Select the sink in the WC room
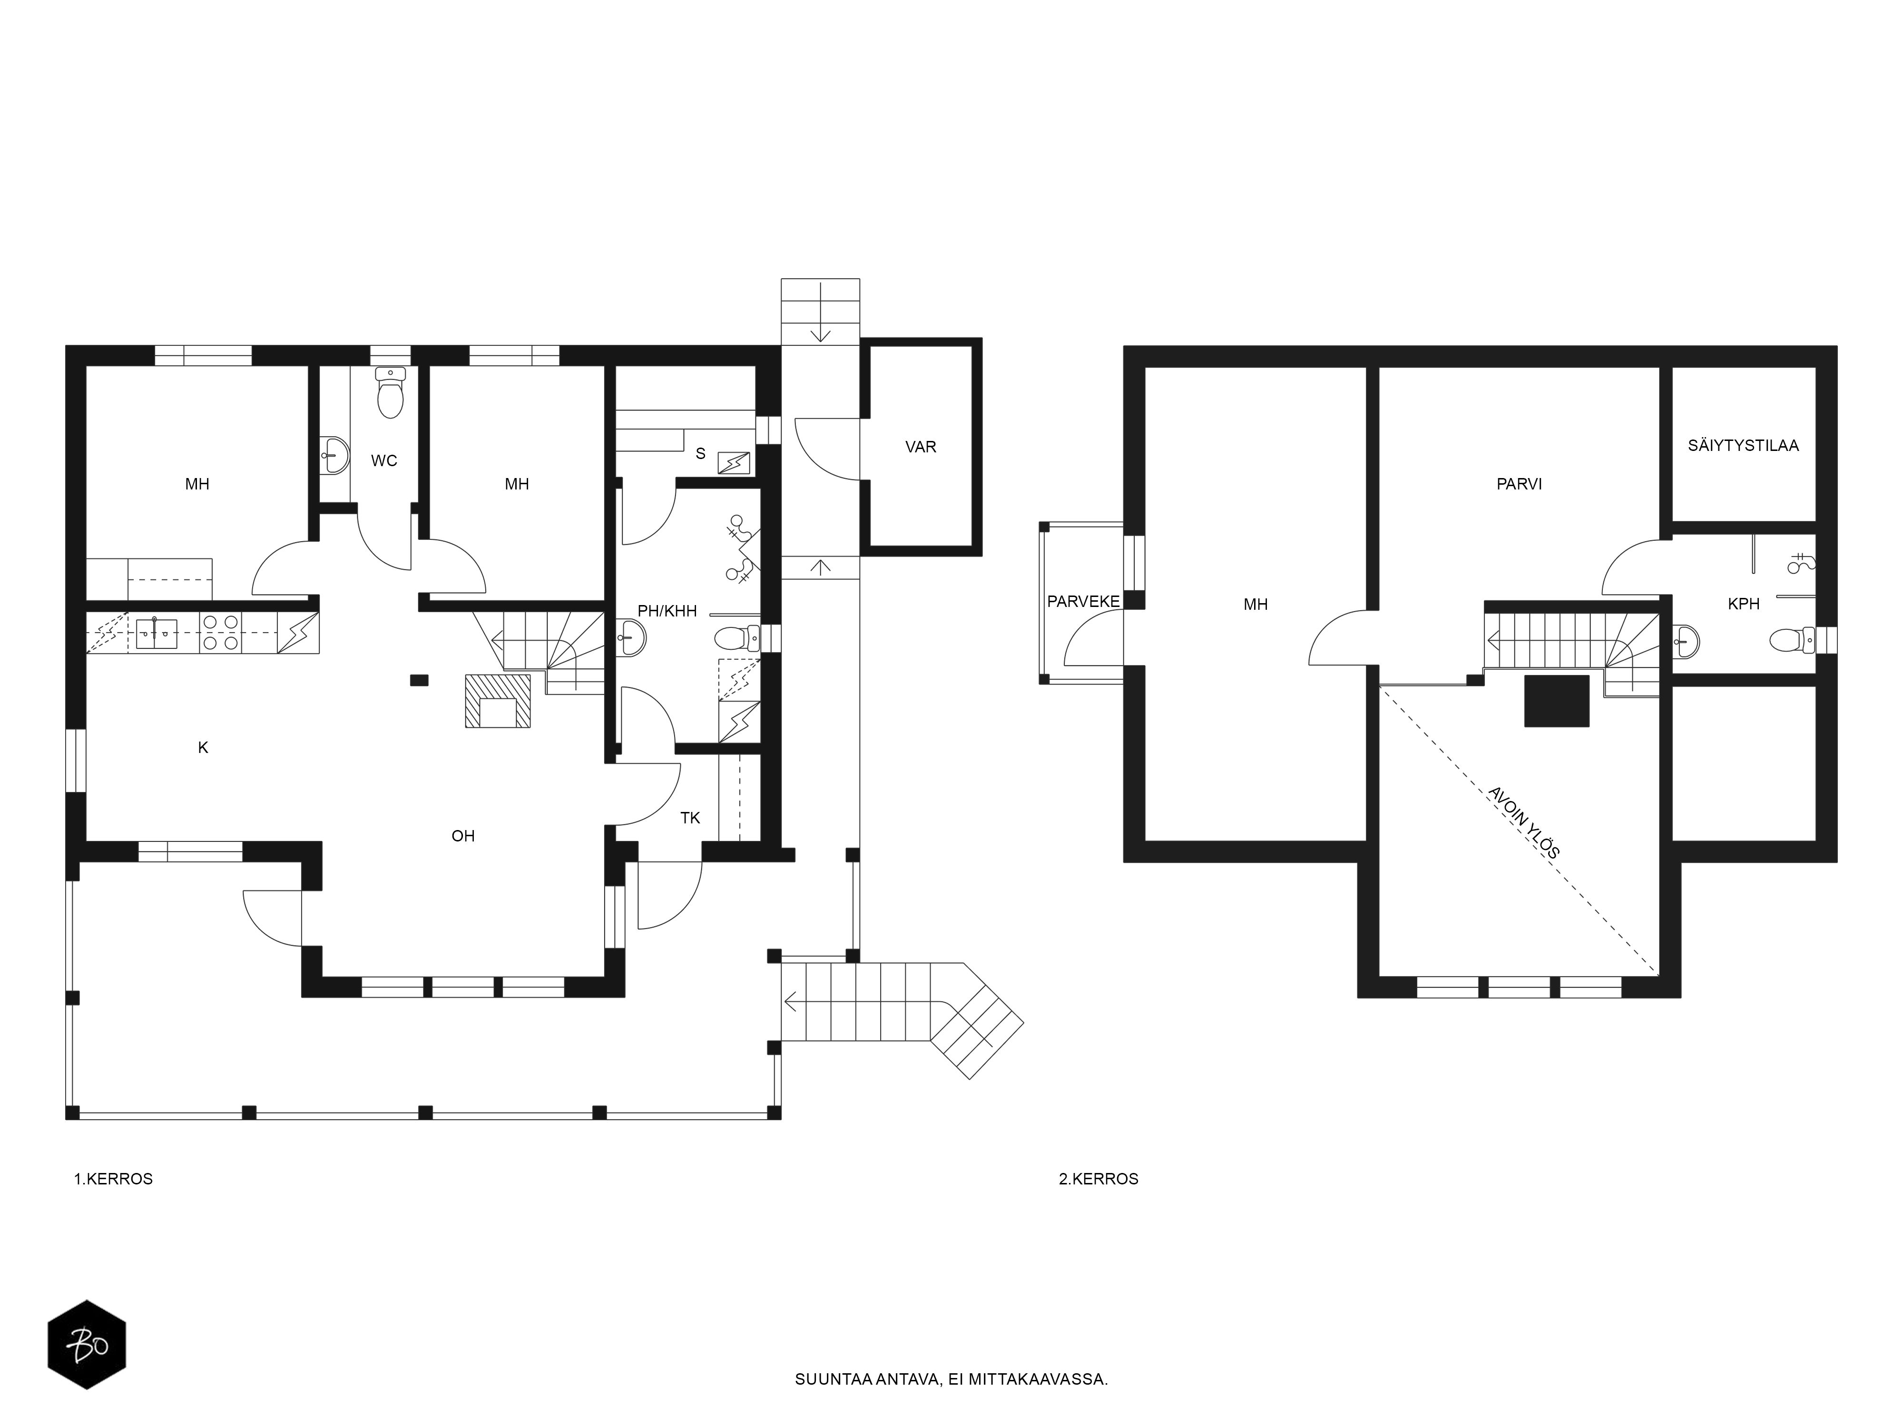click(x=334, y=454)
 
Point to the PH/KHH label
click(x=667, y=612)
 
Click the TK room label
click(x=690, y=818)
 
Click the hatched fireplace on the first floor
click(x=497, y=701)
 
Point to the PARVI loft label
click(x=1519, y=484)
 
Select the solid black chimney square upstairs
click(x=1556, y=701)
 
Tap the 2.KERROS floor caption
click(x=1099, y=1178)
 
